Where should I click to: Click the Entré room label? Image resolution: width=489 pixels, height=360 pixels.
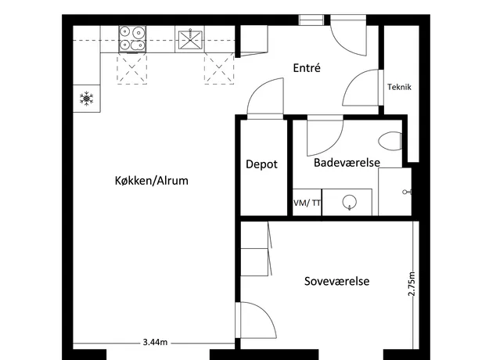tap(307, 67)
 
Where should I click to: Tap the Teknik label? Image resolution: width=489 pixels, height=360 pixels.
tap(399, 87)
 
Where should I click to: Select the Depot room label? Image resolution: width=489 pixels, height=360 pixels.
tap(261, 164)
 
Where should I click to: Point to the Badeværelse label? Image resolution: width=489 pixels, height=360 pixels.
tap(347, 163)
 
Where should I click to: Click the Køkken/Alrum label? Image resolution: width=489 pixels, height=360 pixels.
tap(152, 181)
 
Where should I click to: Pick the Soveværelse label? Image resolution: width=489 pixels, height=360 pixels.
tap(336, 281)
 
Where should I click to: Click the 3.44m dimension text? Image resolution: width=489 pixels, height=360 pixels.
tap(155, 342)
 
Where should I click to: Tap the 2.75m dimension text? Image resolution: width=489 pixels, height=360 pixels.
tap(412, 284)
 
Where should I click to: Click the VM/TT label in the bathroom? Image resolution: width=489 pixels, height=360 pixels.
tap(307, 203)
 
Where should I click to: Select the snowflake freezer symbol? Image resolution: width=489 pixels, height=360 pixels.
tap(86, 99)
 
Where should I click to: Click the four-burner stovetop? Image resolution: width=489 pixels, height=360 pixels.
tap(132, 39)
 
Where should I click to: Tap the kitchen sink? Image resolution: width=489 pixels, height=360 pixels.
tap(190, 39)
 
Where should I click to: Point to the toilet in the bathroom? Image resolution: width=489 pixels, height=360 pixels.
tap(390, 141)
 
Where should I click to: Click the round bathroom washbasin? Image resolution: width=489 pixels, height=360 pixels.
tap(349, 202)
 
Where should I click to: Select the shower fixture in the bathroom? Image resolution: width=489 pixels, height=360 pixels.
tap(407, 192)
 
